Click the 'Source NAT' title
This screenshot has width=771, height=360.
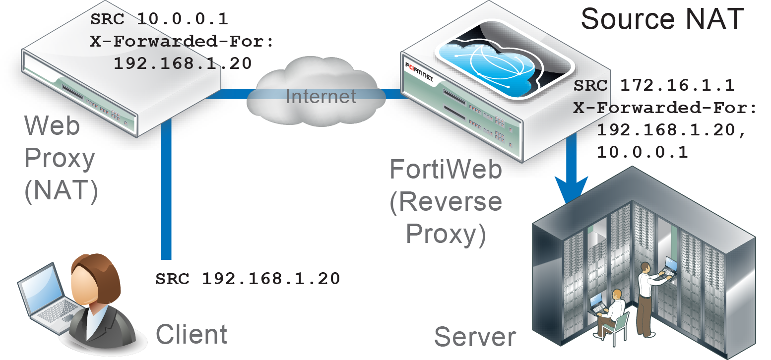point(662,19)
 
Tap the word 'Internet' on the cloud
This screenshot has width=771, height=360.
point(321,96)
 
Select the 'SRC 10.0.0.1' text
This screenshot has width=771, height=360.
point(159,19)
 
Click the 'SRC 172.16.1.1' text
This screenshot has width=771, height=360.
point(654,85)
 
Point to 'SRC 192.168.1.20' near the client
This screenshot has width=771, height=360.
point(248,279)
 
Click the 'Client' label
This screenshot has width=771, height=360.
point(192,334)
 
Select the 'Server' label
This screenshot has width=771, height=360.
point(475,337)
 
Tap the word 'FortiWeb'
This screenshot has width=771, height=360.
point(446,170)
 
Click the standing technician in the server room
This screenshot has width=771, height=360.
point(647,298)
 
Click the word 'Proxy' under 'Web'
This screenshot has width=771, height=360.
point(60,159)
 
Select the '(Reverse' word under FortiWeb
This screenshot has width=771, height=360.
point(446,202)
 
